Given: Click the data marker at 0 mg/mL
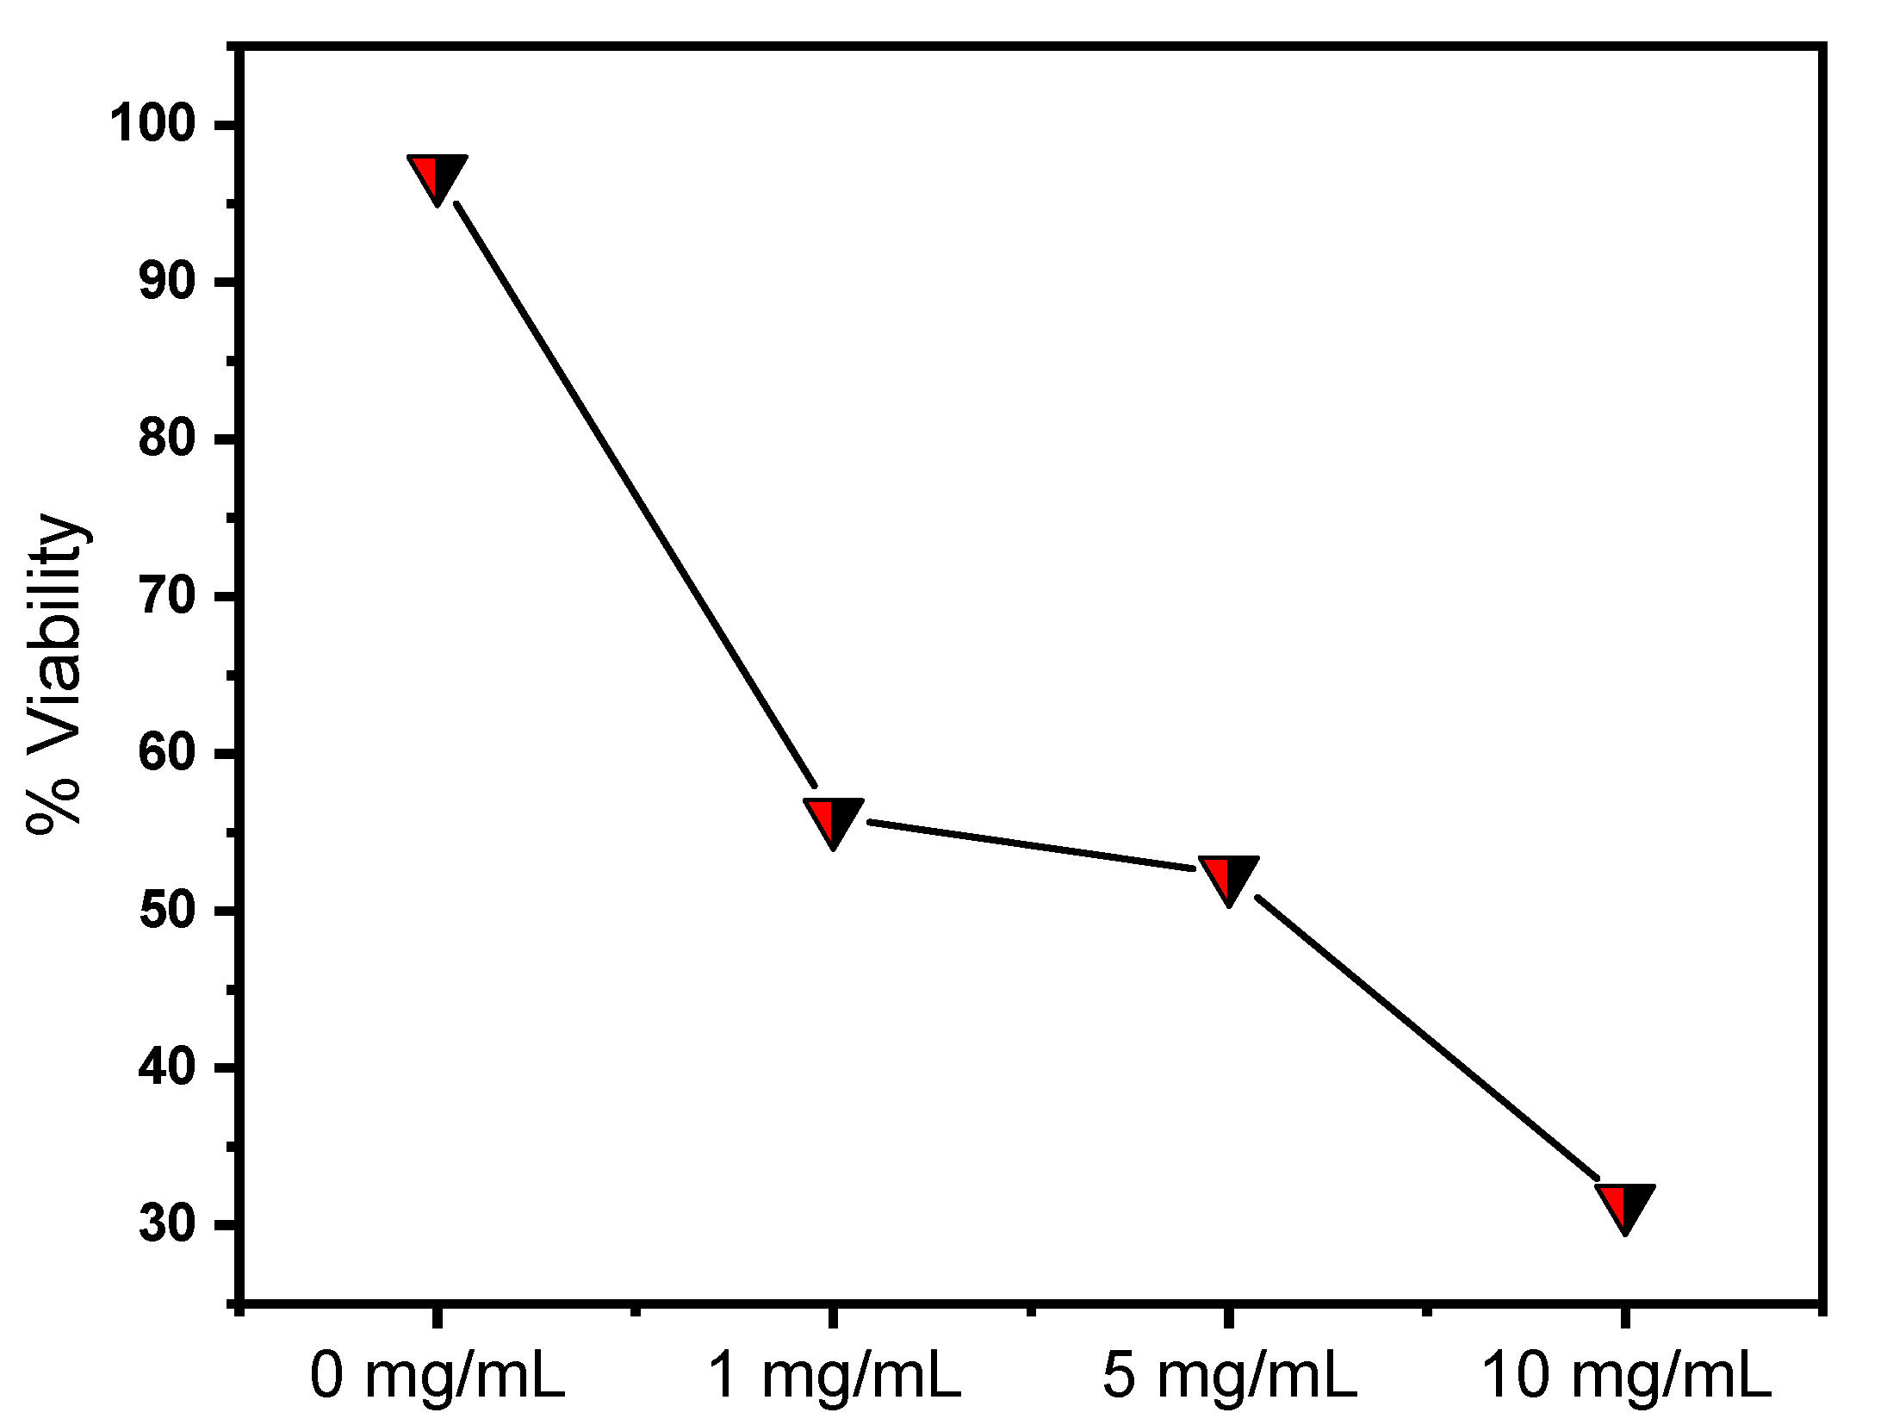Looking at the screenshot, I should [438, 176].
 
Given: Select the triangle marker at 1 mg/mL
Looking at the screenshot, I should [833, 818].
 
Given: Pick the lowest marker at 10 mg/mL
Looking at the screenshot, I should [1625, 1204].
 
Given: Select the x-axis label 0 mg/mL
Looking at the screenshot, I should [438, 1376].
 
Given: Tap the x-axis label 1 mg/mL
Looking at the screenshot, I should [833, 1376].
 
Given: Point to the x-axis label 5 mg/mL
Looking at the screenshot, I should [1229, 1376].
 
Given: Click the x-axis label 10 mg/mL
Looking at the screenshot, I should [1625, 1376].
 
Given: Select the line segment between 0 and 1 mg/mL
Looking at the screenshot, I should [636, 495].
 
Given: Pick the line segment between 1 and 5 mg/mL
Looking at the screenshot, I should [1031, 846].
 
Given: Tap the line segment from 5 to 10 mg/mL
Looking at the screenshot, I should [1427, 1038].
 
